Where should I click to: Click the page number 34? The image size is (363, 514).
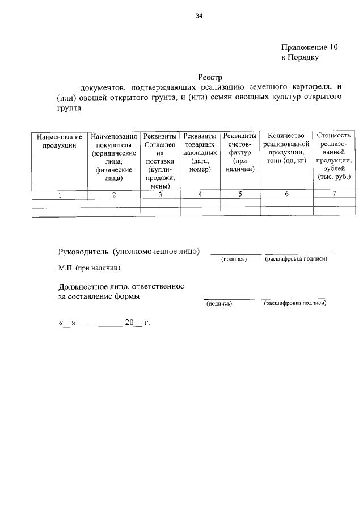pos(199,16)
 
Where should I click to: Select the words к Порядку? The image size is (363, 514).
pos(301,57)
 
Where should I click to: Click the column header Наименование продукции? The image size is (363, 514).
pos(60,141)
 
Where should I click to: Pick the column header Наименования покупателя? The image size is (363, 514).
pos(114,157)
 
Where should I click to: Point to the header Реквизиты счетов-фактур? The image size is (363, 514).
pos(239,153)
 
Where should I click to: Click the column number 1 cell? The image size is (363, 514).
pos(60,195)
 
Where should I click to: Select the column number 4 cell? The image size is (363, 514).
pos(200,195)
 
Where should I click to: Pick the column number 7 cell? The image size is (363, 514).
pos(335,195)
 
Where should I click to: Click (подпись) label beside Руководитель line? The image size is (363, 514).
pos(234,260)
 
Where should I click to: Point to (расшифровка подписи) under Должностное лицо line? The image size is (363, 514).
pos(296,303)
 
